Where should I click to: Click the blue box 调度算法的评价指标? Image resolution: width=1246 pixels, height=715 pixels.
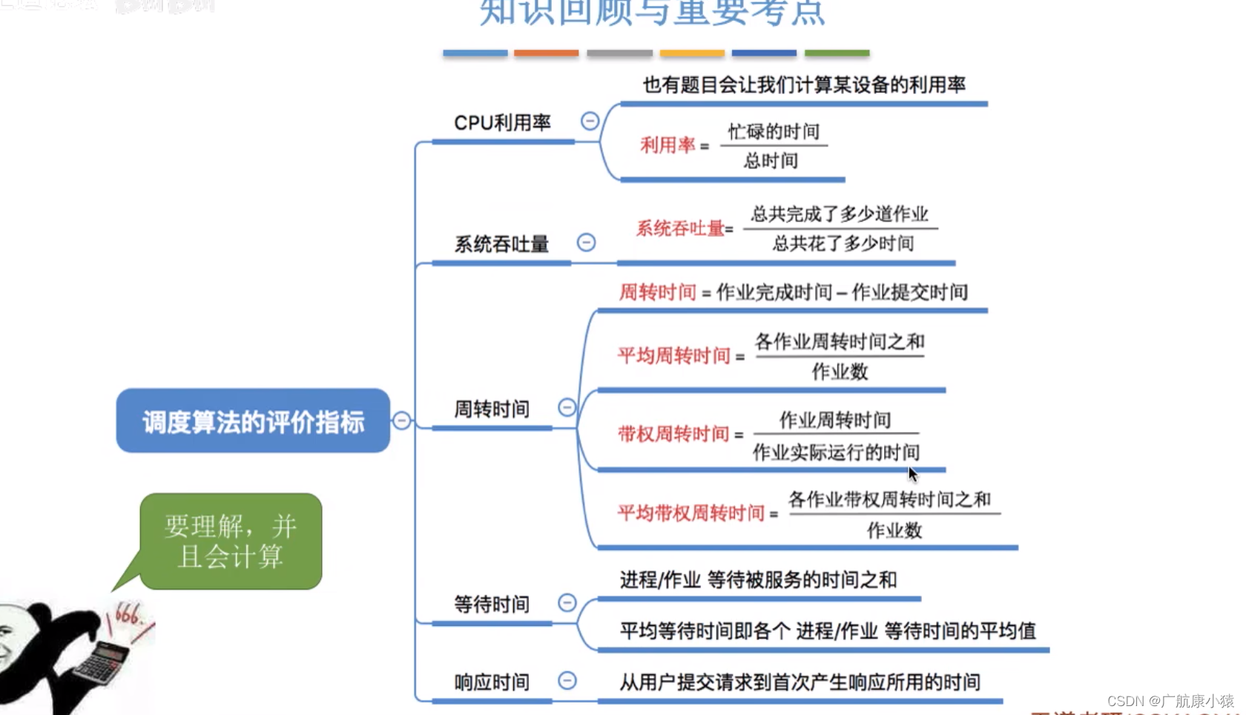coord(253,421)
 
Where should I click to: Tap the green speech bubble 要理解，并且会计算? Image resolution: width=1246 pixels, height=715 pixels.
coord(231,541)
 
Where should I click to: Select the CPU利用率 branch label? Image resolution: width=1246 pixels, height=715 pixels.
coord(502,122)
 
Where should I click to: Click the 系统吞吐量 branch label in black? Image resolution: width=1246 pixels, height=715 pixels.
coord(501,244)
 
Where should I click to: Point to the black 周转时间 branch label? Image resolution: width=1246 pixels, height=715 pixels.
coord(492,409)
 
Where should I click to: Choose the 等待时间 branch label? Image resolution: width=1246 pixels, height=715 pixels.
coord(492,604)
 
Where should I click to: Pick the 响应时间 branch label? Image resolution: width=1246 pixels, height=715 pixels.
coord(492,682)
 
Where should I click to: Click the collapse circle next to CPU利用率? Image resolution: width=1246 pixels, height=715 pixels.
coord(590,121)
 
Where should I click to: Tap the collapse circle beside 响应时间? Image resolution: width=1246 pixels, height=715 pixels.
coord(567,680)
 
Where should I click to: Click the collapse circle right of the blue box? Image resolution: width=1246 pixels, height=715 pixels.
coord(401,421)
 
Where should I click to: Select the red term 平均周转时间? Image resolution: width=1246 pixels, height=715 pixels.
coord(674,356)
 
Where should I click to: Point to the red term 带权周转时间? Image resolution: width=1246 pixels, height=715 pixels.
coord(674,434)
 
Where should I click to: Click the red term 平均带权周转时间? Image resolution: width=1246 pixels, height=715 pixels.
coord(691,513)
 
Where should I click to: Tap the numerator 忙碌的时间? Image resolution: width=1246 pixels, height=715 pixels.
coord(774,132)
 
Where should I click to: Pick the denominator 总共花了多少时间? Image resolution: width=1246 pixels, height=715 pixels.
coord(843,243)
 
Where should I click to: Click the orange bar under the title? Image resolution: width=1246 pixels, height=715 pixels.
coord(546,53)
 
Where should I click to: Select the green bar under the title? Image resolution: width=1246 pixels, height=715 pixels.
coord(837,53)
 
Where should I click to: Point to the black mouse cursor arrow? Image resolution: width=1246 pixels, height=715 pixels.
coord(912,474)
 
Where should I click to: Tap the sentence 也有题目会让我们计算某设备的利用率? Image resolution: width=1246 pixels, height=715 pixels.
coord(804,85)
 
